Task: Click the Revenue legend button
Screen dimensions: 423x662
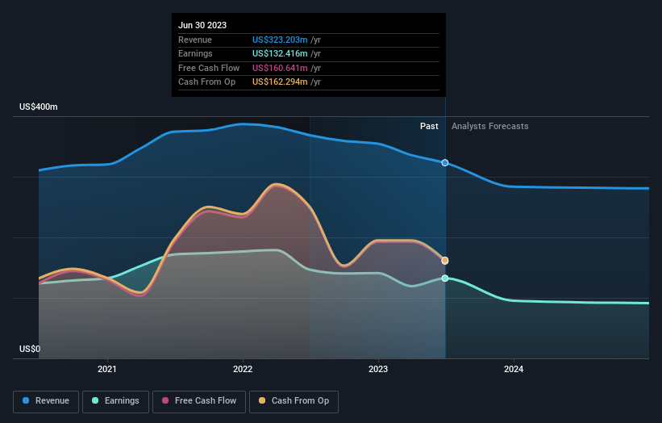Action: (x=46, y=401)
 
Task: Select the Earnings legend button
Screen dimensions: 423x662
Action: (x=115, y=401)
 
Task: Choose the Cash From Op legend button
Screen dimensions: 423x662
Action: (x=294, y=401)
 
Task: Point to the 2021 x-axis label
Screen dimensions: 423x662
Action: (x=107, y=370)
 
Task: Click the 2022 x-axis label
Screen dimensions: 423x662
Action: (x=243, y=370)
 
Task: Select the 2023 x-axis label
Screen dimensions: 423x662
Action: (x=378, y=370)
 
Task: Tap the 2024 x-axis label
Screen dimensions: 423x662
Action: (x=514, y=370)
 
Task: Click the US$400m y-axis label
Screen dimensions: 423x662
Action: (x=39, y=107)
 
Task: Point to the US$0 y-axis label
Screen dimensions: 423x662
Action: (x=30, y=349)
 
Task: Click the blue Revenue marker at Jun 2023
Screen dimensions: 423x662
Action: (x=445, y=163)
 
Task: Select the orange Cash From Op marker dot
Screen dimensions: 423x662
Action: (x=445, y=261)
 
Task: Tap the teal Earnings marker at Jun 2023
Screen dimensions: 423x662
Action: (x=445, y=279)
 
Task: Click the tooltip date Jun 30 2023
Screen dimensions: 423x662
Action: (x=202, y=25)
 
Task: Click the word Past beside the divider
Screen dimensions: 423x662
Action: (x=429, y=126)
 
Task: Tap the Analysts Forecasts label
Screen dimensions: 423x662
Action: (x=490, y=126)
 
